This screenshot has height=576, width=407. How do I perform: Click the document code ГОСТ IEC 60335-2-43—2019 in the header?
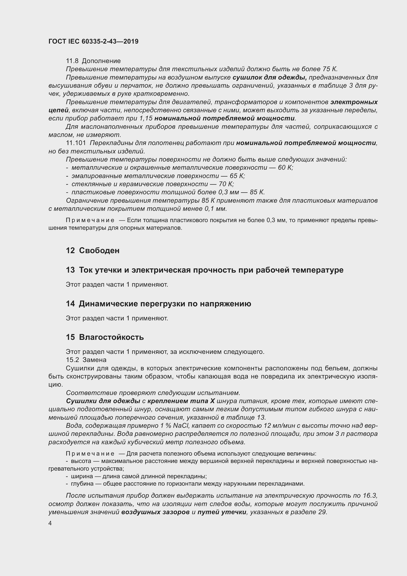click(93, 42)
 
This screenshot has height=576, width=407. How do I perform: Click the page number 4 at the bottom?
click(50, 523)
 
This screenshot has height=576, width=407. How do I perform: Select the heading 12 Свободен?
click(93, 250)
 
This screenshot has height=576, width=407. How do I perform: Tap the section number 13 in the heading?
click(70, 270)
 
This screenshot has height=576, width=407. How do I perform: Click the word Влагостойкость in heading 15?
click(111, 337)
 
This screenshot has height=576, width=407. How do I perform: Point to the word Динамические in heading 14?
click(107, 304)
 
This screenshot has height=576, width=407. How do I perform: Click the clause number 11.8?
click(72, 61)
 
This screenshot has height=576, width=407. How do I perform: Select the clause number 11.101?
click(76, 143)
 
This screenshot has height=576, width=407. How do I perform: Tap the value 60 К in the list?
click(285, 168)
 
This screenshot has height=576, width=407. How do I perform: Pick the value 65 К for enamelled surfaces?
click(237, 176)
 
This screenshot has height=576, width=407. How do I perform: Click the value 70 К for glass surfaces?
click(226, 184)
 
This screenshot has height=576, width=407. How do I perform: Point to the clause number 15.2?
click(72, 360)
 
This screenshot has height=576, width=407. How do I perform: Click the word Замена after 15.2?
click(94, 360)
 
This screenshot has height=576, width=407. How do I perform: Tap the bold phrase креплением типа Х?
click(181, 401)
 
